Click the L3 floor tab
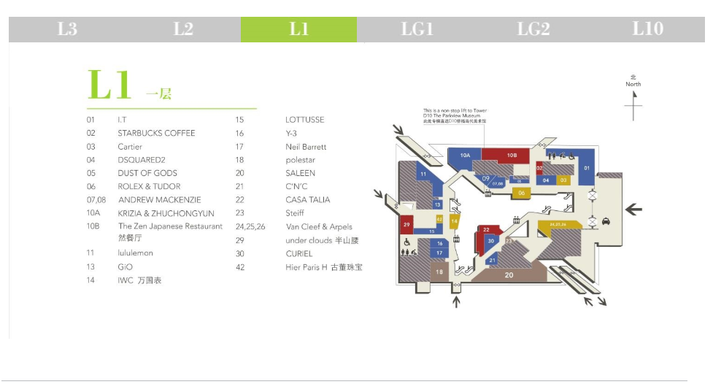click(x=67, y=29)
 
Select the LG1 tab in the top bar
click(x=417, y=29)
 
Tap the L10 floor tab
click(x=647, y=29)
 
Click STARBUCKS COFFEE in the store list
click(x=156, y=134)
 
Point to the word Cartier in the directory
click(x=130, y=147)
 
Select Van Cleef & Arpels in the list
click(x=319, y=226)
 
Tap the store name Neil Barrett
click(x=306, y=147)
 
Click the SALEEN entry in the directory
click(x=300, y=173)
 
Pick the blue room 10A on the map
click(x=465, y=155)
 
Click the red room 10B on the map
click(x=512, y=155)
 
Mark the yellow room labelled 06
click(x=521, y=193)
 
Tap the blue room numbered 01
click(x=587, y=169)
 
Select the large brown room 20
click(x=509, y=275)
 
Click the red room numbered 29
click(x=406, y=224)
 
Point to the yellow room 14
click(x=454, y=221)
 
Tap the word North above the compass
click(x=633, y=84)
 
